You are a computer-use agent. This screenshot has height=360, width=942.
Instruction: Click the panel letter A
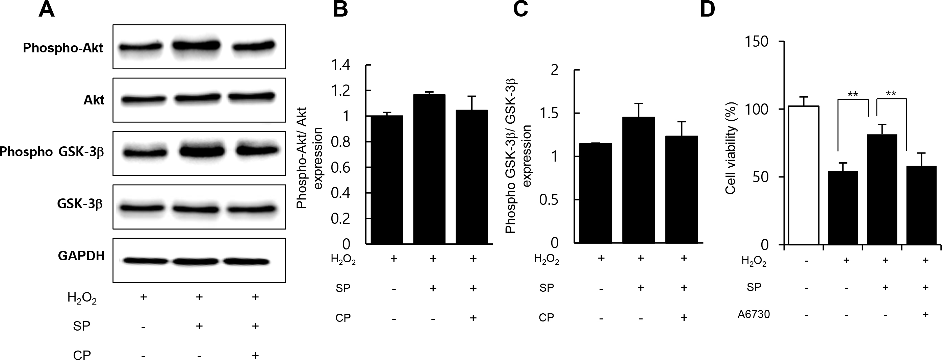tap(47, 10)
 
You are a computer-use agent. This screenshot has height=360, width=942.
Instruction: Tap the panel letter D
tap(707, 10)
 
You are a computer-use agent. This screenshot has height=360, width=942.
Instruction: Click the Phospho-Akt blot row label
tap(63, 48)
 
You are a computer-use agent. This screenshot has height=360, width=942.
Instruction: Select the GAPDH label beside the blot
tap(81, 256)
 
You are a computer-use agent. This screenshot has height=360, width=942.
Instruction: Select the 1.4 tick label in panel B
tap(340, 66)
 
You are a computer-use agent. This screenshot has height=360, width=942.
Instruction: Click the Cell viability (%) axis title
tap(730, 147)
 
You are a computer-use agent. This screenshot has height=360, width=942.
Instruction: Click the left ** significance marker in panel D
tap(853, 94)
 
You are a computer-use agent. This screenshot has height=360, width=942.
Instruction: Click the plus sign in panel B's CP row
tap(473, 317)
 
